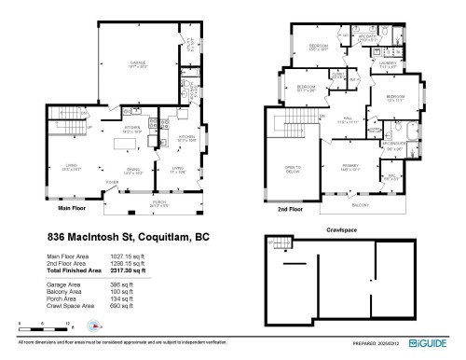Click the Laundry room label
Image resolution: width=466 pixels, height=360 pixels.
click(x=388, y=65)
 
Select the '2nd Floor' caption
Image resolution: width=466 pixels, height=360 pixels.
click(x=291, y=211)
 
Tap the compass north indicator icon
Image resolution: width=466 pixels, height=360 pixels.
click(x=93, y=326)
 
